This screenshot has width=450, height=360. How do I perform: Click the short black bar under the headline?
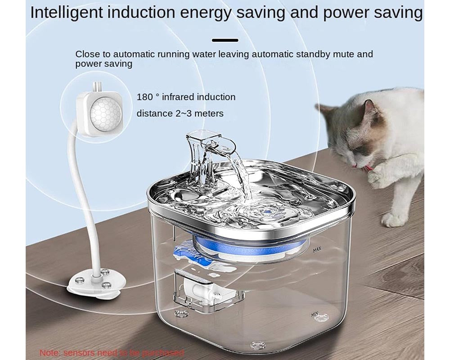tap(225, 40)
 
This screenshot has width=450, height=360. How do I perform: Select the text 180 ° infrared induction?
tap(186, 97)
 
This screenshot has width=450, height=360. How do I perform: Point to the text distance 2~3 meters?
tap(180, 113)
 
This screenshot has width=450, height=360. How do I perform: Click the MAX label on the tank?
tap(316, 248)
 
